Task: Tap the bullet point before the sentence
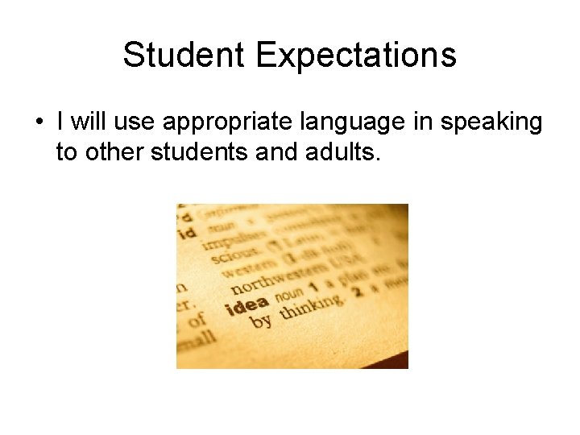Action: pyautogui.click(x=39, y=123)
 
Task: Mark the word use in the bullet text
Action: pyautogui.click(x=132, y=123)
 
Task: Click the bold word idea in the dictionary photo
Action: pyautogui.click(x=249, y=306)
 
